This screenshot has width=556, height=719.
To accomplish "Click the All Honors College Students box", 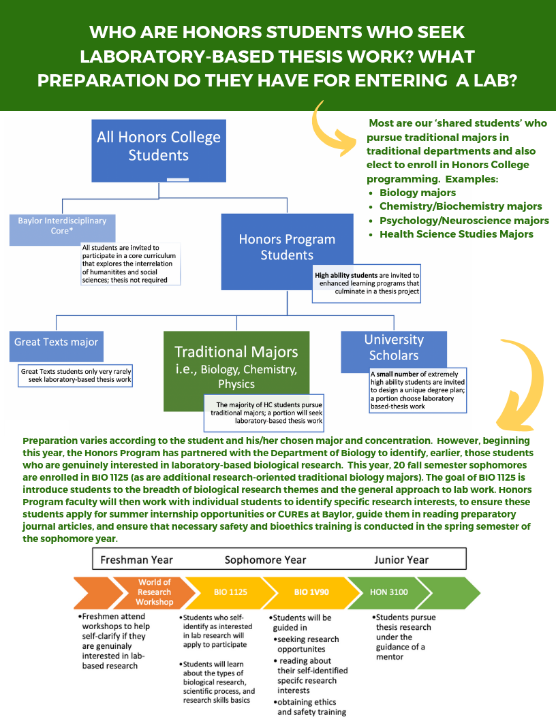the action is pos(159,150).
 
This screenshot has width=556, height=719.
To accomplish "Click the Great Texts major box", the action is pos(57,346).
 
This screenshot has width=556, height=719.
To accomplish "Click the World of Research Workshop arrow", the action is pos(155,592).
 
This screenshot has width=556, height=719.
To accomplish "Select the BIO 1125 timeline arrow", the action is pos(231,592).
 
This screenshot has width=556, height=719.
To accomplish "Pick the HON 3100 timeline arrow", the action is pos(389,592).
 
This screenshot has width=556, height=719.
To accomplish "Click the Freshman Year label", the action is pos(137,560).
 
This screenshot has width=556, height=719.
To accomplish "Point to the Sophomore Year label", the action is pos(265,560).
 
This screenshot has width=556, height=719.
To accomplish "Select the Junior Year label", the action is pos(401,560).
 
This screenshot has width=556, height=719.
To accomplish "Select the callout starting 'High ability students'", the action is pos(367,283).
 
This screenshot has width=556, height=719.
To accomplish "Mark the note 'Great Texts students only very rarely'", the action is pos(75,376).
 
